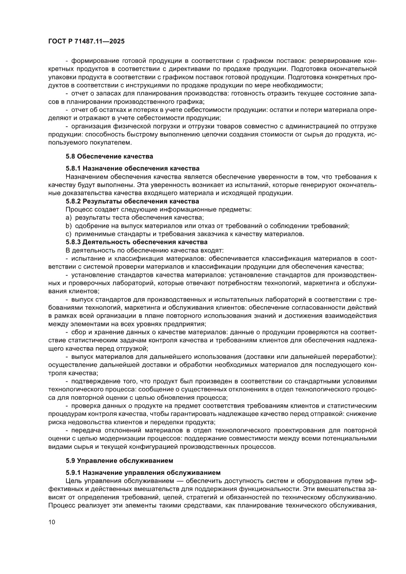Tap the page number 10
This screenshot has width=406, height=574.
(53, 536)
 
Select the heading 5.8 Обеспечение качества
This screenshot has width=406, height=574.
(109, 157)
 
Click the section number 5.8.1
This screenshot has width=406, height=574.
(76, 167)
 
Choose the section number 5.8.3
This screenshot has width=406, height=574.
(76, 242)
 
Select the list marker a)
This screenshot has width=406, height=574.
(69, 217)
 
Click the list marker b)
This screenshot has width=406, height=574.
(69, 225)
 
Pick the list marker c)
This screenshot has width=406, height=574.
(69, 234)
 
